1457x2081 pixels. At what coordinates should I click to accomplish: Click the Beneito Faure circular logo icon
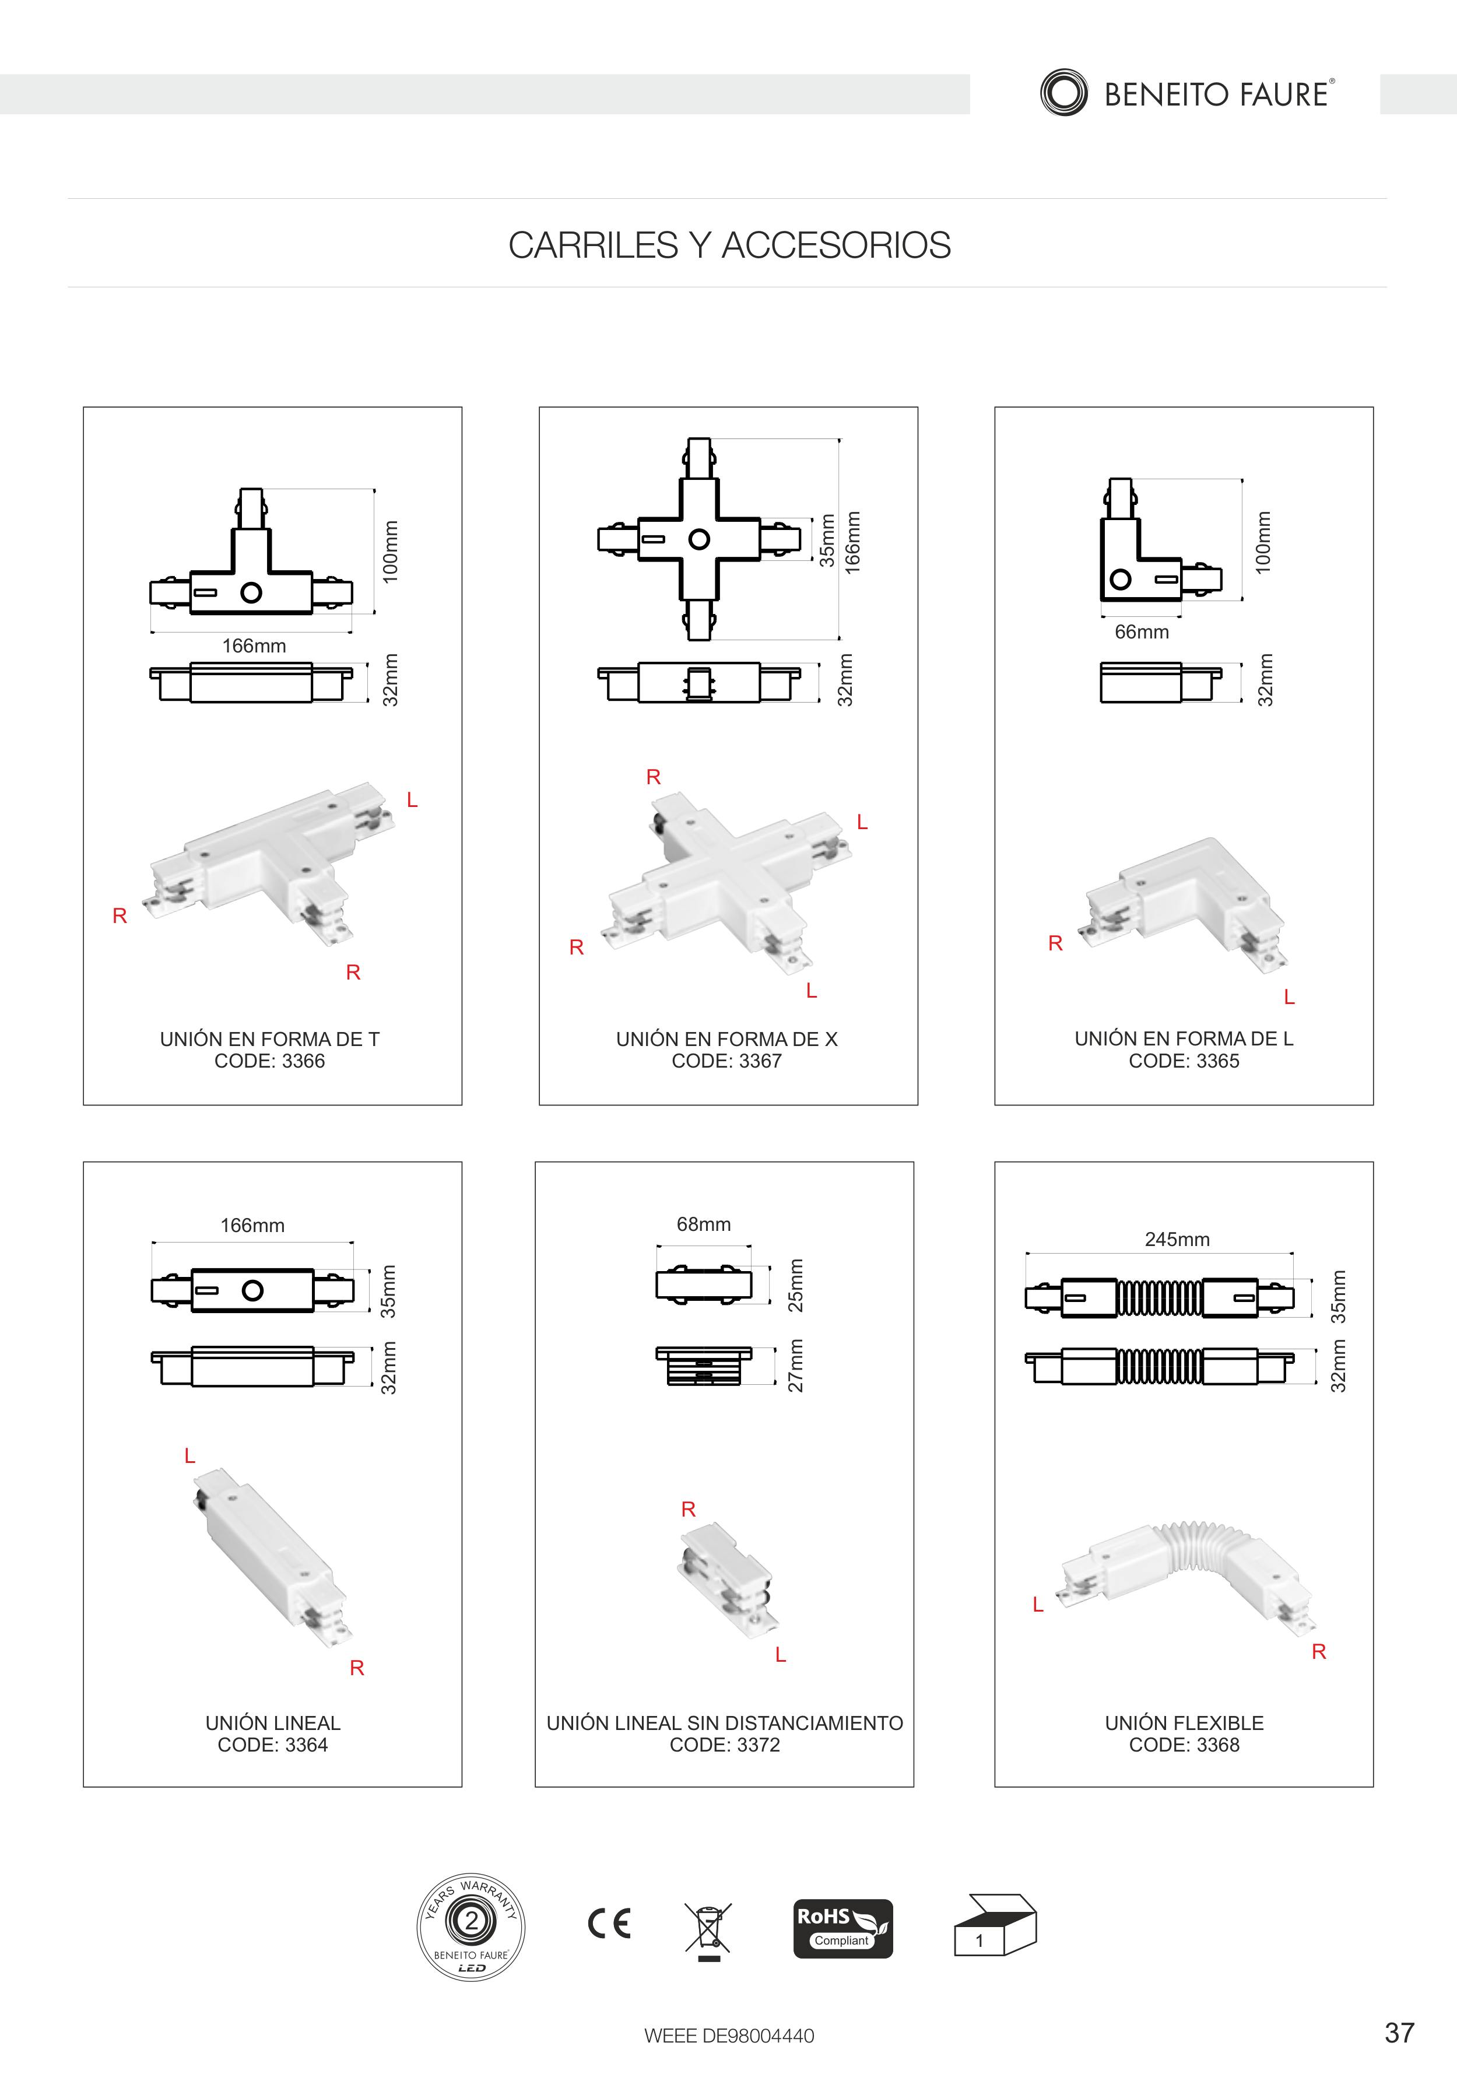(1064, 93)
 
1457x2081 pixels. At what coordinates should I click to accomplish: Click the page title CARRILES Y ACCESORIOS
(729, 245)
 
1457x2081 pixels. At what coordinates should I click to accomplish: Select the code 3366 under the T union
(269, 1061)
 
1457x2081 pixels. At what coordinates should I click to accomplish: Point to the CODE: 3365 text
(1184, 1061)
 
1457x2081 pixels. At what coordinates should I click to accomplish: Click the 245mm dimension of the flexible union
(1177, 1239)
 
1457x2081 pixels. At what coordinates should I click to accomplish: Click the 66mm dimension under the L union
(1142, 631)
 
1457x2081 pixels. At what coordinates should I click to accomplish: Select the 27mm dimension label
(796, 1366)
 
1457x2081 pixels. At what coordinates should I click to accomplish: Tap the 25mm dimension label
(796, 1285)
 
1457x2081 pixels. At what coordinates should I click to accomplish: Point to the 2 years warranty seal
(471, 1927)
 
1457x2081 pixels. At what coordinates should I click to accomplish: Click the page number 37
(1399, 2033)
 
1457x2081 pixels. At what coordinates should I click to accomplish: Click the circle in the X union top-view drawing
(700, 539)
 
